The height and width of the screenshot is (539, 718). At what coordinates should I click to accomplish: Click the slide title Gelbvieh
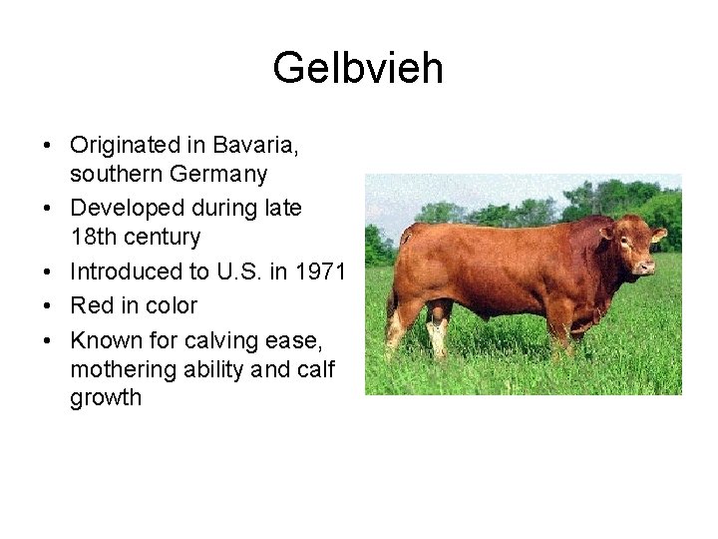point(358,69)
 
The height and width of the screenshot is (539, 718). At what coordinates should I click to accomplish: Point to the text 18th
point(94,238)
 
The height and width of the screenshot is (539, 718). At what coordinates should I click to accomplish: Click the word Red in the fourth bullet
point(91,305)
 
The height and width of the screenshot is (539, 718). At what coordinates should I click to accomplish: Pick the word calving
point(224,341)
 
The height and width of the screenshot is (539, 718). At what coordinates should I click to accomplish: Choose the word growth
point(106,398)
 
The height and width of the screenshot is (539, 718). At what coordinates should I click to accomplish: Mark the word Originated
point(125,145)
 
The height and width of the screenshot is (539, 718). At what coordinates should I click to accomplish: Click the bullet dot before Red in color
point(48,306)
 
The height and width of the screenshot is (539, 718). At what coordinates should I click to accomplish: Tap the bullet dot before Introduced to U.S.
point(48,272)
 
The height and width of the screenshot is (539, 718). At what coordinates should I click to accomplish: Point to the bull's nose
point(649,267)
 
